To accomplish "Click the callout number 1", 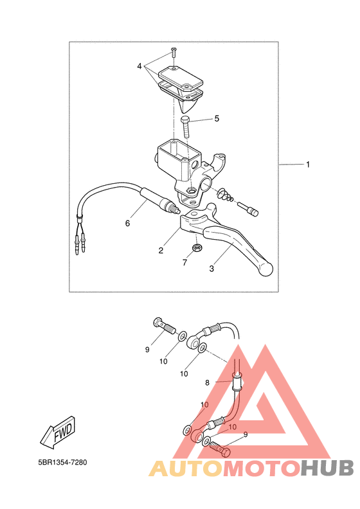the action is [x=308, y=165].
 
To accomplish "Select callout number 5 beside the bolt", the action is [x=217, y=118].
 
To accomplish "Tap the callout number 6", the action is [x=127, y=224].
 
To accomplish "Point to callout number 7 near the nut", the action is [x=185, y=262].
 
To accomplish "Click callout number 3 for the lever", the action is [x=212, y=269].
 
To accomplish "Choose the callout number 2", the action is [x=161, y=250].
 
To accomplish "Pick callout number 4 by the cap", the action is [x=139, y=66].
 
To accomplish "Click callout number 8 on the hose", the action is [x=208, y=383].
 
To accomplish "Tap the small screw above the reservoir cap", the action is [x=174, y=52].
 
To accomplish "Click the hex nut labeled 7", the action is [x=196, y=247].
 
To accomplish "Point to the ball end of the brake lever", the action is [x=265, y=269].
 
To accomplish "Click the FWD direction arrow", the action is [x=58, y=433].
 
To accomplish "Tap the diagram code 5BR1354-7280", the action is [x=62, y=462].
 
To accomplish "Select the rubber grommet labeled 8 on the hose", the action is [x=237, y=382].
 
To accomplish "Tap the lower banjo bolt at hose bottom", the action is [x=221, y=449].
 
